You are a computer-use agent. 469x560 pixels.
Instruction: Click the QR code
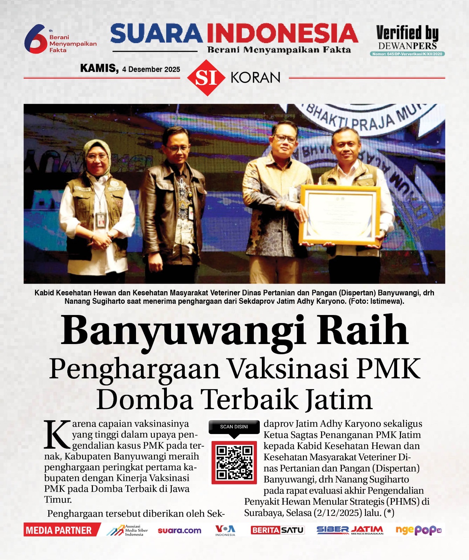[234, 462]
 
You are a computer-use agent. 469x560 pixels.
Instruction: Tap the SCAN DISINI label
[234, 427]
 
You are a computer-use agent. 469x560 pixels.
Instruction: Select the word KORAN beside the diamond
[256, 78]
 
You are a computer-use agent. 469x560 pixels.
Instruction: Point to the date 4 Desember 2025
[151, 69]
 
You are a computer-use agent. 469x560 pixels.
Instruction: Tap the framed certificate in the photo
[340, 215]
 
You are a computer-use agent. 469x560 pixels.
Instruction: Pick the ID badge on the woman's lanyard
[101, 220]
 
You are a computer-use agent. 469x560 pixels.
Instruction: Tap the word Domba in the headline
[145, 400]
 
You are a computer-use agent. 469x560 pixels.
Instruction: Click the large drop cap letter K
[57, 435]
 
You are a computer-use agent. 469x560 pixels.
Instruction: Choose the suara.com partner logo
[179, 531]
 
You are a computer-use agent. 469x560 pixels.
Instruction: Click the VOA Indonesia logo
[225, 530]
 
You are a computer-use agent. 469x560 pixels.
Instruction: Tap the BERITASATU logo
[277, 530]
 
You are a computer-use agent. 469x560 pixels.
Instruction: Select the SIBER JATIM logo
[350, 530]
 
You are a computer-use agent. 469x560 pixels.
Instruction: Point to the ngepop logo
[418, 530]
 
